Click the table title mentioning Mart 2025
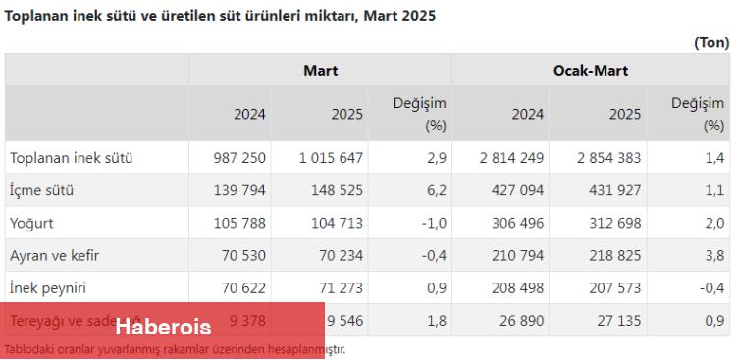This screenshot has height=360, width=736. (221, 16)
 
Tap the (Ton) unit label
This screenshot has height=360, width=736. (711, 42)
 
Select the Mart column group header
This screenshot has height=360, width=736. (320, 71)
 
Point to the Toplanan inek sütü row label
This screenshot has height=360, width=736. (71, 158)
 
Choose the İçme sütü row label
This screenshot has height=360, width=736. (41, 190)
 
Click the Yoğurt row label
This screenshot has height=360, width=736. (33, 223)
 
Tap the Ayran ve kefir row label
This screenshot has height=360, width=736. (54, 255)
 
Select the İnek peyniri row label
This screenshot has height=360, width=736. (48, 287)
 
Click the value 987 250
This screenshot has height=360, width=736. (239, 158)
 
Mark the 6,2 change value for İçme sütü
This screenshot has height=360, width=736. (438, 190)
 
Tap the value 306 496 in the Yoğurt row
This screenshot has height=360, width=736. (515, 223)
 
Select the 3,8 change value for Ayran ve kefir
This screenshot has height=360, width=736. (714, 255)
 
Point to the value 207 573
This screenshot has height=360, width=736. (611, 287)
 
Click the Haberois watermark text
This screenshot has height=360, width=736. (163, 326)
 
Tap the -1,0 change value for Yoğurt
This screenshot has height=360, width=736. (434, 223)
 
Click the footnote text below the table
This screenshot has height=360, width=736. (175, 349)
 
